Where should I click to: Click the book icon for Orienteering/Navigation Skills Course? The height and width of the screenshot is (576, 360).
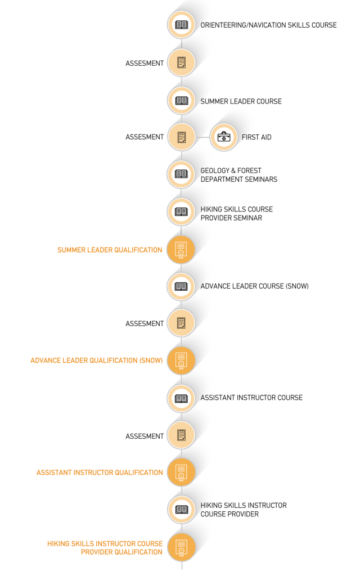click(181, 25)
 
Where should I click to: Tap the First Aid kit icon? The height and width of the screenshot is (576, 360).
click(224, 137)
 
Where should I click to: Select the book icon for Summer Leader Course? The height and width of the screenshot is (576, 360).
click(181, 100)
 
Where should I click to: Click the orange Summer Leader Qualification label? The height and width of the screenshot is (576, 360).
click(110, 250)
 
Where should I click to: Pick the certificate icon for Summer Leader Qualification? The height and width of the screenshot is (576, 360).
click(181, 249)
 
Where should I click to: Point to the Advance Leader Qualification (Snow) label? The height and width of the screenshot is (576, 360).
click(96, 360)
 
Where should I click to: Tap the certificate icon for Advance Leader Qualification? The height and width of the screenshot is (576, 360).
click(181, 360)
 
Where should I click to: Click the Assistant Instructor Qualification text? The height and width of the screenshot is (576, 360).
click(100, 472)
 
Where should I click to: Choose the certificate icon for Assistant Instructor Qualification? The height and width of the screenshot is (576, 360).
click(181, 472)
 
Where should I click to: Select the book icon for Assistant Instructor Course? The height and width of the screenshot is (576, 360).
click(181, 398)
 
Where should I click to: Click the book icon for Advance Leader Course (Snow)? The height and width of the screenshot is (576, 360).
click(181, 286)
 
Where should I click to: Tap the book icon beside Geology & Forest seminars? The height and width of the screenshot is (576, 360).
click(181, 174)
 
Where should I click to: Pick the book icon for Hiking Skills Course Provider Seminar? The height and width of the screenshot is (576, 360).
click(181, 211)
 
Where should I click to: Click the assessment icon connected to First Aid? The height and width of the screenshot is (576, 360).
click(181, 137)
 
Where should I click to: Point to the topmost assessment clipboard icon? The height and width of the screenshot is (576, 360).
click(181, 62)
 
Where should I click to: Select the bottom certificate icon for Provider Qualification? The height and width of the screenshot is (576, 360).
click(181, 547)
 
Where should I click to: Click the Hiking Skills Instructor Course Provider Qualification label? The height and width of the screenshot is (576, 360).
click(105, 548)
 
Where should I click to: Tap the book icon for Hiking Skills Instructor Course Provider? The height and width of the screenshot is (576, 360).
click(181, 509)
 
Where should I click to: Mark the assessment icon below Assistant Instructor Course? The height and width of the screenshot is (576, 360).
click(181, 435)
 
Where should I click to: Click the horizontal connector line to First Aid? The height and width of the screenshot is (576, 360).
click(202, 137)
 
